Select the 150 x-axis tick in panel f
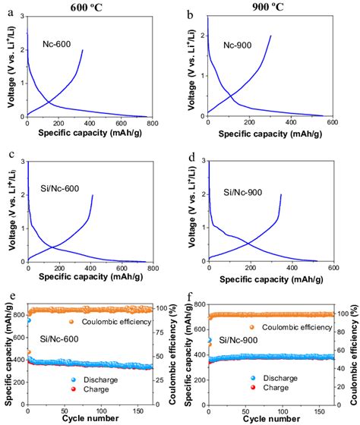(x=323, y=409)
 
